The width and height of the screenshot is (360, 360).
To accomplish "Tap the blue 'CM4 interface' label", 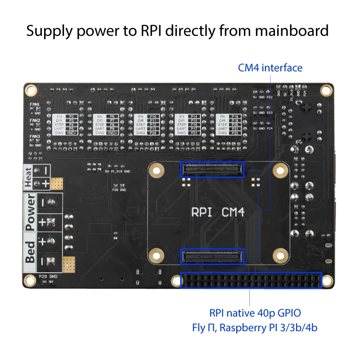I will tap(270, 68).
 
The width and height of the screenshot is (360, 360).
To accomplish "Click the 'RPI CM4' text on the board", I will tap(218, 212).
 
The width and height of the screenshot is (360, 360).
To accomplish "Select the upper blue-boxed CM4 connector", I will tap(212, 169).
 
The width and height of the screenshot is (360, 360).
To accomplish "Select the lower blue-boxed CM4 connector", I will tap(212, 257).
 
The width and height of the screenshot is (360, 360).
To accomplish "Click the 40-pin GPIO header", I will tap(251, 280).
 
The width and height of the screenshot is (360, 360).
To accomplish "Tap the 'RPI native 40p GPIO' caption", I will tap(255, 313).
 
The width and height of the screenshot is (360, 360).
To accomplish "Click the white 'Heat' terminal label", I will tap(29, 176).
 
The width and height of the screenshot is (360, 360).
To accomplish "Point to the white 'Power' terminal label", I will tap(30, 212).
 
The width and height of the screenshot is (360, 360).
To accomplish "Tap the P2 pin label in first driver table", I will tap(71, 116).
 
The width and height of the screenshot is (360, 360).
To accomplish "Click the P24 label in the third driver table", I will tap(153, 133).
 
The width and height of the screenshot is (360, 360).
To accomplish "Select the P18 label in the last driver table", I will tap(234, 116).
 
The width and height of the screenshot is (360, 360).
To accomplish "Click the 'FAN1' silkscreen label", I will tap(35, 104).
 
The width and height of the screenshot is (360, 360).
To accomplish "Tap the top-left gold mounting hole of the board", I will tap(31, 90).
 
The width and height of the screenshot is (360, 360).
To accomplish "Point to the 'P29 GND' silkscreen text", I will tap(48, 276).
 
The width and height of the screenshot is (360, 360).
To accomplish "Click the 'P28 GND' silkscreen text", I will tap(119, 189).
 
